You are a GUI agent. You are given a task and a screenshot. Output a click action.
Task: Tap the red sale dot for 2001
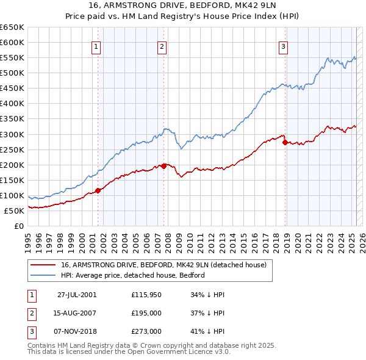[98, 190]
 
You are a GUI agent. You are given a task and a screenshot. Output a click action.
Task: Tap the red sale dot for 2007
[163, 166]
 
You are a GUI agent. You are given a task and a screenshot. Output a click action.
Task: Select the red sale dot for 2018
[285, 142]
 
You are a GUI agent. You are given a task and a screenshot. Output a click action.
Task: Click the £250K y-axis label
[12, 149]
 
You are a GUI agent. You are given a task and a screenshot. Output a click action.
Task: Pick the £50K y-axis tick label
[15, 211]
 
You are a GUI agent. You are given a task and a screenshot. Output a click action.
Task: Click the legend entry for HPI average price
[132, 275]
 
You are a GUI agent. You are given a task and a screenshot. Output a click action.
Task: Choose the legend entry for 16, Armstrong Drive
[163, 265]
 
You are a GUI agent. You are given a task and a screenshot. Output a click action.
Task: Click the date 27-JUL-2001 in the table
[77, 295]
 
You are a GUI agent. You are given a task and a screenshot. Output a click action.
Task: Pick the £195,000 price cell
[146, 313]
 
